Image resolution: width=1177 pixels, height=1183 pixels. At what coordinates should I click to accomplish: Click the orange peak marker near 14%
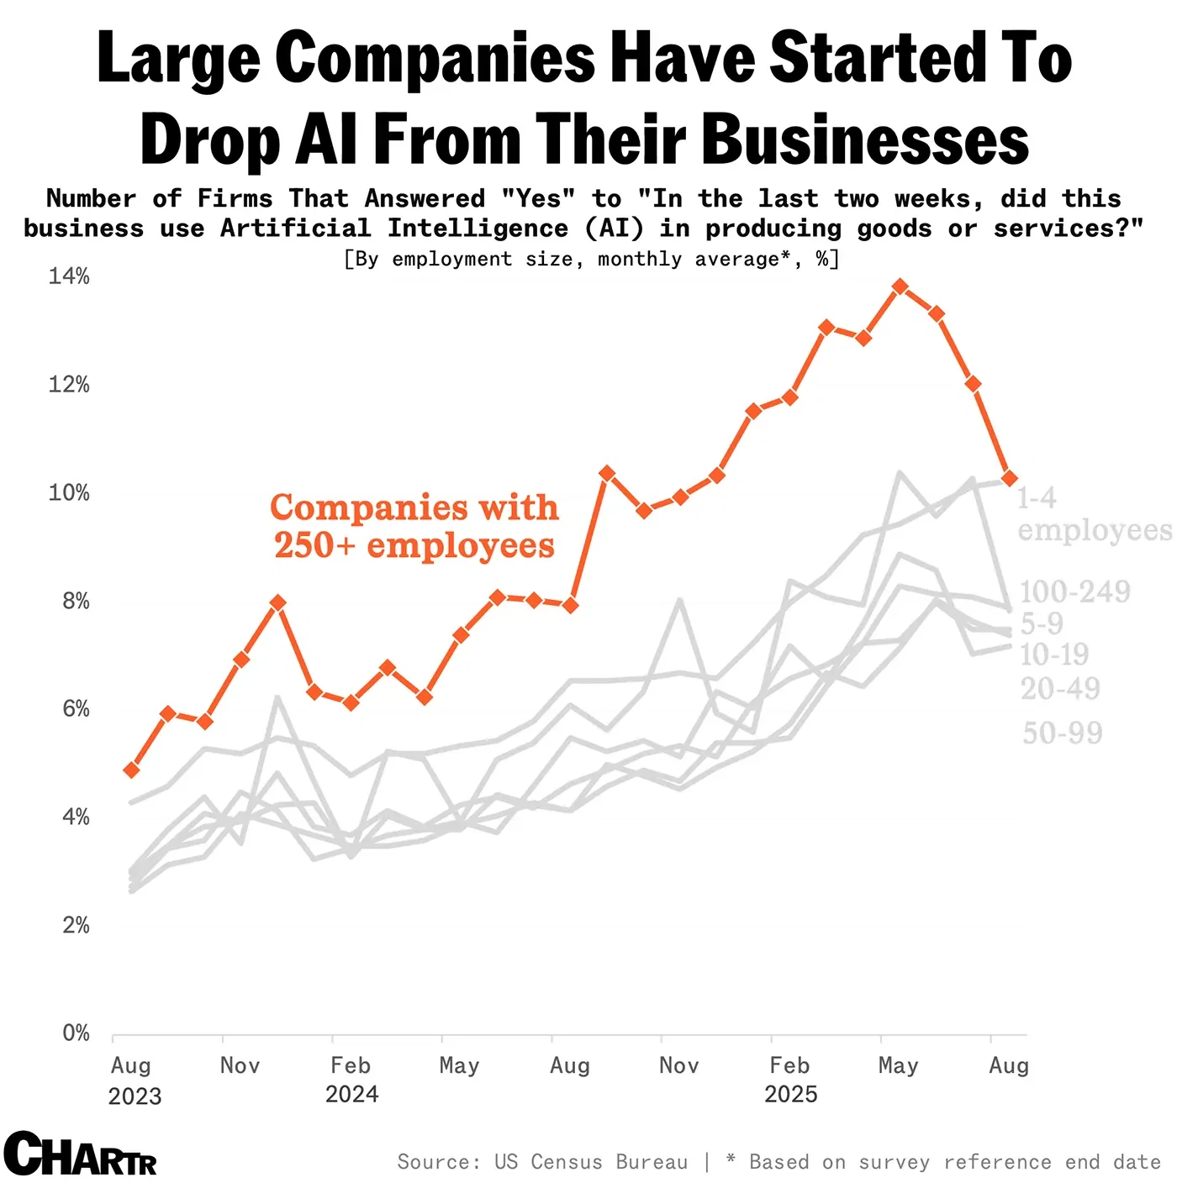tap(900, 287)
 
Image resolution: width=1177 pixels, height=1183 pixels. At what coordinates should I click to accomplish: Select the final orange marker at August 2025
tap(1010, 478)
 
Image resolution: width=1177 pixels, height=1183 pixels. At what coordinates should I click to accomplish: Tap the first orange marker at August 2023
tap(131, 770)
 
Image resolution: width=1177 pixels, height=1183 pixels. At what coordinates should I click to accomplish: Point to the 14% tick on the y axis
tap(69, 276)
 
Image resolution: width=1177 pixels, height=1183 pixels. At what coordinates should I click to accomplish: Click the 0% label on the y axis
tap(76, 1033)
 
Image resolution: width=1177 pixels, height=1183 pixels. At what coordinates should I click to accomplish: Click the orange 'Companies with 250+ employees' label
tap(414, 526)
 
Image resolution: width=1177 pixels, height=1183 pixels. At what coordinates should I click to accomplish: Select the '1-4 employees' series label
tap(1093, 514)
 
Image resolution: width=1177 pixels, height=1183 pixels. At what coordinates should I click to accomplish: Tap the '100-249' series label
tap(1074, 591)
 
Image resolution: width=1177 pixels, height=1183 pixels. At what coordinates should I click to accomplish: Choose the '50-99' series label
tap(1062, 733)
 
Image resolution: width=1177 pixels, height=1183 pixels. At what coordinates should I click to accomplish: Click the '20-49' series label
tap(1059, 689)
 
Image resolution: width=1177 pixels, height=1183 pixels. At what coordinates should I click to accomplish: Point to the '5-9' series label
tap(1042, 623)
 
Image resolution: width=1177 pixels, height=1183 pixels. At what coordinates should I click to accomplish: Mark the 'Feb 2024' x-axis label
tap(351, 1079)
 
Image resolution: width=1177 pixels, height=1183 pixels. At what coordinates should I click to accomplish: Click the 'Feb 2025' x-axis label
tap(790, 1079)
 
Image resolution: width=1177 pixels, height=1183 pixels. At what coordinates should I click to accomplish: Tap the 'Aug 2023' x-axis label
tap(133, 1080)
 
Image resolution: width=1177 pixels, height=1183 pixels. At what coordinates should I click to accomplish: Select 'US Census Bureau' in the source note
tap(590, 1162)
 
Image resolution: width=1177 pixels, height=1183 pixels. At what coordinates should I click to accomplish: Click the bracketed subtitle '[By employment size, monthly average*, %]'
tap(591, 259)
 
